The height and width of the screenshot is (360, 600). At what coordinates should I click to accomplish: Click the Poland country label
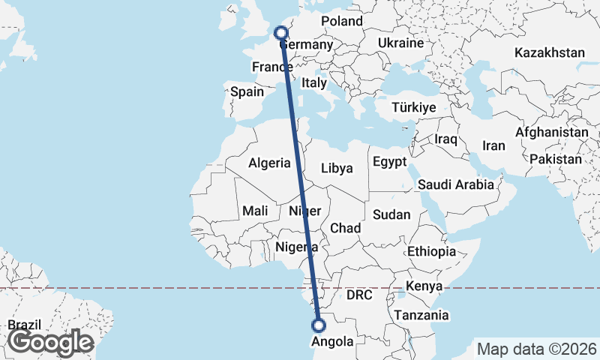[x=342, y=21]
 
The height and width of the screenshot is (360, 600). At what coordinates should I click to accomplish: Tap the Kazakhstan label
[x=550, y=52]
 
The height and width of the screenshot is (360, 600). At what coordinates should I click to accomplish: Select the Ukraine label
[x=401, y=43]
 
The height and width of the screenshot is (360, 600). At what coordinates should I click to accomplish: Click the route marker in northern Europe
[x=280, y=32]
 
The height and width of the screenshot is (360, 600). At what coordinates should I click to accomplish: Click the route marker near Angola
[x=319, y=325]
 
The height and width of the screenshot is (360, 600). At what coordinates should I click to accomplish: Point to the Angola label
[x=332, y=342]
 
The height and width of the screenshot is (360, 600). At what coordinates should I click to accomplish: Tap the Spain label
[x=247, y=91]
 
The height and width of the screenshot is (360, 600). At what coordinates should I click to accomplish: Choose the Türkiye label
[x=413, y=108]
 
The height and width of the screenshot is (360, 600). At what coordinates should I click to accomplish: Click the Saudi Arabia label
[x=456, y=184]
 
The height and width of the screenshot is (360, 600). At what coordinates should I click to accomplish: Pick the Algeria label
[x=269, y=163]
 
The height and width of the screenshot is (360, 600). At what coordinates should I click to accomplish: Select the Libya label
[x=336, y=168]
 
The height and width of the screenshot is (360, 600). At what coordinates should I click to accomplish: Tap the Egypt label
[x=388, y=161]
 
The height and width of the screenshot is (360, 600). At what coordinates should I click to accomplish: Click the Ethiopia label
[x=431, y=250]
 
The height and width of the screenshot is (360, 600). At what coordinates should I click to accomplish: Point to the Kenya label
[x=423, y=286]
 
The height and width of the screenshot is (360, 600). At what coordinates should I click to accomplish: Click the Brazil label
[x=25, y=325]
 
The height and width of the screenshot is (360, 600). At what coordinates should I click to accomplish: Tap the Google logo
[x=50, y=342]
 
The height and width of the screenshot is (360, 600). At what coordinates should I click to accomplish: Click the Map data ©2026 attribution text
[x=536, y=349]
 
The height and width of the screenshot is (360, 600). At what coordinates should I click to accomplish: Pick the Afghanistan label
[x=552, y=132]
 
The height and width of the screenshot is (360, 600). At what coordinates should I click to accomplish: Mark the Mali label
[x=255, y=211]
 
